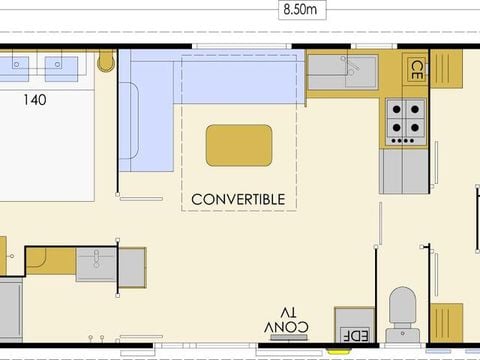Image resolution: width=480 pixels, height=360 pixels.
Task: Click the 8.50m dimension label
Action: click(x=300, y=10)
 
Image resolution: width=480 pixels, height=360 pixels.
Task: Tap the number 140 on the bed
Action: click(x=35, y=100)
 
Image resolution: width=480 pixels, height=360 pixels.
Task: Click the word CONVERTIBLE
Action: click(x=238, y=200)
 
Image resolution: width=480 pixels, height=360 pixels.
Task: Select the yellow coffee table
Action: click(x=239, y=146)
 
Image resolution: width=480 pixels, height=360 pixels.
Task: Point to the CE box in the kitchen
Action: click(x=416, y=70)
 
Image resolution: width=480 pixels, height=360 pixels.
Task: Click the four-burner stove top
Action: click(x=406, y=122)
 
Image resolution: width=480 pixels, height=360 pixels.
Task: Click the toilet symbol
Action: click(x=402, y=314)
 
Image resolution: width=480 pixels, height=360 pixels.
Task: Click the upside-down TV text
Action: click(x=288, y=313)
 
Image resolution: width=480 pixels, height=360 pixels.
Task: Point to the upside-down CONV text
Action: click(x=286, y=327)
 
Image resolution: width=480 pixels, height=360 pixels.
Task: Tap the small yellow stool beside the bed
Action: click(x=106, y=62)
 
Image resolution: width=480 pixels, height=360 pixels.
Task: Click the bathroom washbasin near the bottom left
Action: click(x=96, y=263)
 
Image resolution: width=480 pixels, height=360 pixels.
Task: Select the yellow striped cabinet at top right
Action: click(x=446, y=69)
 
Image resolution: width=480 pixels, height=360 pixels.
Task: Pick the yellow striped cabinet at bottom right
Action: click(x=446, y=323)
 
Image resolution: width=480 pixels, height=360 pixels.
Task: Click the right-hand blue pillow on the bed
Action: click(x=61, y=69)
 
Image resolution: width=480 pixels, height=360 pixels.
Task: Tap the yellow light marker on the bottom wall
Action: click(x=339, y=351)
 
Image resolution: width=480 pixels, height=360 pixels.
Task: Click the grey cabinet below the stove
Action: click(x=404, y=171)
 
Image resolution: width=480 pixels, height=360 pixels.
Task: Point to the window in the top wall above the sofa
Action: click(x=242, y=46)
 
